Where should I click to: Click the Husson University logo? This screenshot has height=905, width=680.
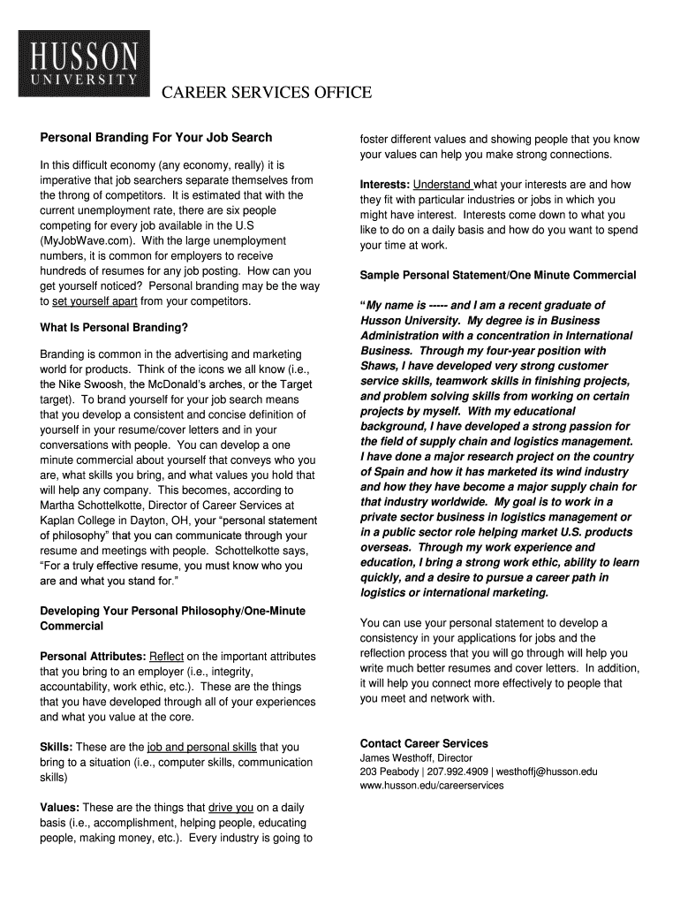84,64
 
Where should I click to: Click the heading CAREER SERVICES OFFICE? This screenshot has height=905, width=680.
266,94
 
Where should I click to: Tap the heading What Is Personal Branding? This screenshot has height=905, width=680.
114,328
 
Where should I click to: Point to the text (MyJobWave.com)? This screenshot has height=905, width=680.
87,240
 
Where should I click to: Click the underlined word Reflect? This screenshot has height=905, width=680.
167,657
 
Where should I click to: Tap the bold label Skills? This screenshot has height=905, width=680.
57,748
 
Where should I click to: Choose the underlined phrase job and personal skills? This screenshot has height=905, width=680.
201,748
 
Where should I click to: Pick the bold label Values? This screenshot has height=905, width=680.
60,808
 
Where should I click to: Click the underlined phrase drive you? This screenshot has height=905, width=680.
231,808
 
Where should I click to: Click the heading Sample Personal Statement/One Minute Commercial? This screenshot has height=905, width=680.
498,276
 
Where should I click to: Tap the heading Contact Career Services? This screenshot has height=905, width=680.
424,743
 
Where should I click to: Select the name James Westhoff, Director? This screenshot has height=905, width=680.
416,758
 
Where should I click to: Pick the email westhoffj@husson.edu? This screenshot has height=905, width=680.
548,772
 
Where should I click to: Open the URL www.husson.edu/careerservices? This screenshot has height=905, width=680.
432,785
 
